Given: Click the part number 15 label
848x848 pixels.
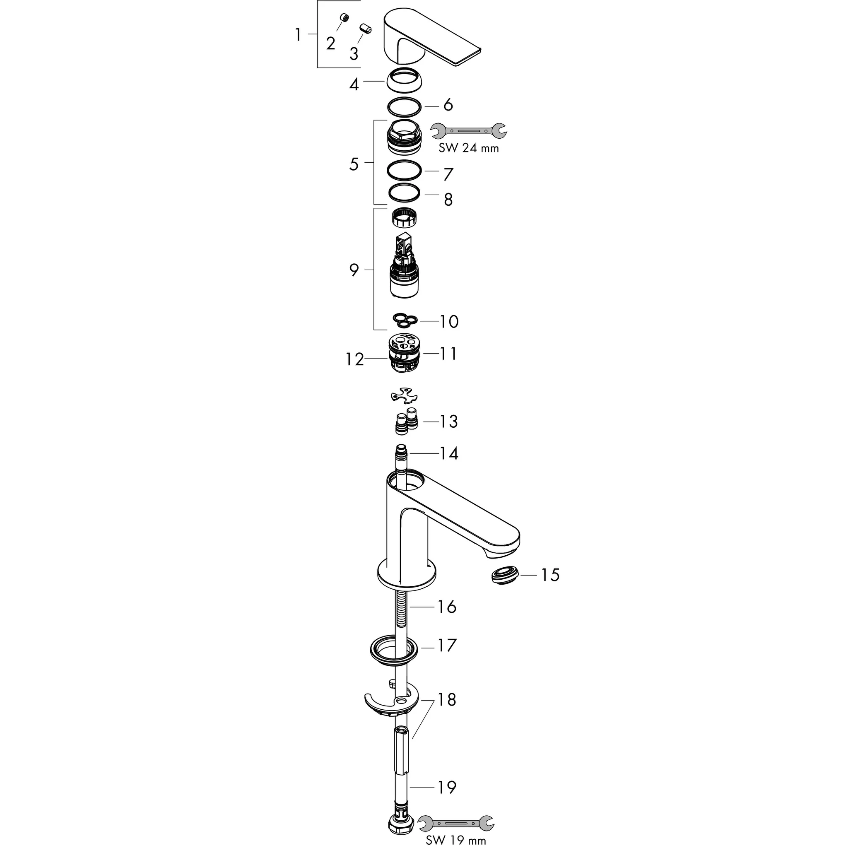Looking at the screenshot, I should (549, 575).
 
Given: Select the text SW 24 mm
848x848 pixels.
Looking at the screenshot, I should (468, 148).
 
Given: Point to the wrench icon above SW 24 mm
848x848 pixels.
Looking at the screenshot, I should (468, 130).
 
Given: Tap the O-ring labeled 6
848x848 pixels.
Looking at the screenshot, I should (404, 106).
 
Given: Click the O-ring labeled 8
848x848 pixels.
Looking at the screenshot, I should (404, 192).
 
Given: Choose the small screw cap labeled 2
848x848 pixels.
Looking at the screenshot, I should (344, 17).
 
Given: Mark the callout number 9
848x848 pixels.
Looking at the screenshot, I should (354, 270).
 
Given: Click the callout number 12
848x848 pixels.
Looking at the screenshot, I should (355, 359).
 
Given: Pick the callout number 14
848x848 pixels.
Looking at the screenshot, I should (448, 453).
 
